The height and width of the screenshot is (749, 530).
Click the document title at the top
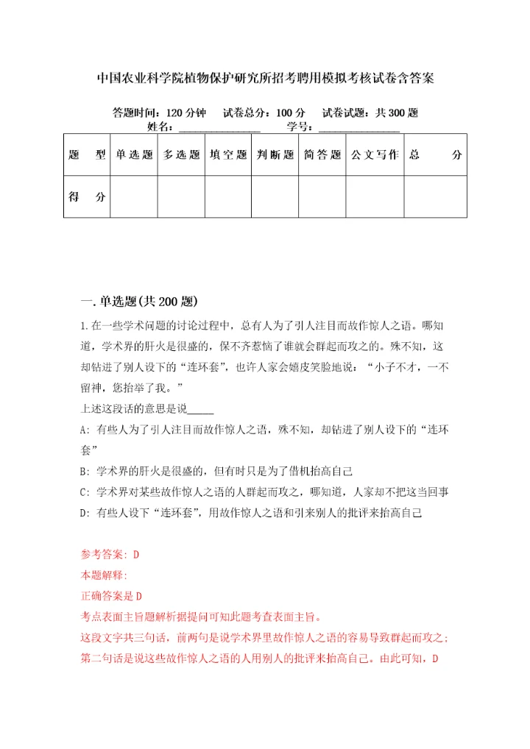(x=265, y=78)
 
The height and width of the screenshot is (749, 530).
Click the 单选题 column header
(x=133, y=155)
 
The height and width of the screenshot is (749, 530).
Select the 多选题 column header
(x=181, y=155)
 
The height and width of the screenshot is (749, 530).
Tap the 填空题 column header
(x=228, y=155)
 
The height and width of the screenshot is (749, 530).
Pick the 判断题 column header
(x=275, y=155)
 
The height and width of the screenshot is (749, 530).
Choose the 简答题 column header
(x=322, y=155)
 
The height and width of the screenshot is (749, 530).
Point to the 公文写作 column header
(x=375, y=155)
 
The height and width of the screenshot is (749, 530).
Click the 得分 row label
(x=87, y=197)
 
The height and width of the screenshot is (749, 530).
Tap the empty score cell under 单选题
(x=133, y=197)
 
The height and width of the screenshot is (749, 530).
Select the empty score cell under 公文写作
(x=375, y=197)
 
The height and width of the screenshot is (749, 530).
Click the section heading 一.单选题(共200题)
(x=138, y=301)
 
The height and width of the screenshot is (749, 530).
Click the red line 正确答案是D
(x=111, y=595)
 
